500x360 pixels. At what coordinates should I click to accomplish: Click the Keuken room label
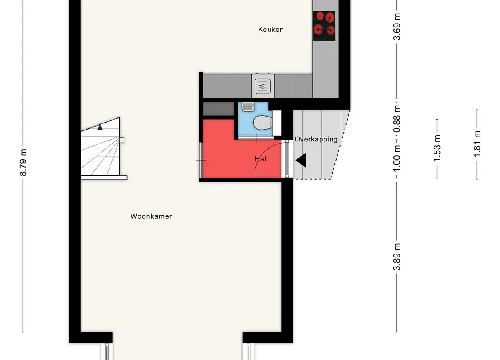tap(271, 30)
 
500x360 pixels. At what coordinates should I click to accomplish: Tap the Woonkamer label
tap(151, 216)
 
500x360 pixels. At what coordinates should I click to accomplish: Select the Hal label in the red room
tap(261, 159)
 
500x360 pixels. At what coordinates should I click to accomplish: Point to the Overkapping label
tap(316, 139)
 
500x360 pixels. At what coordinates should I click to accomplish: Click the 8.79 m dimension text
tap(23, 162)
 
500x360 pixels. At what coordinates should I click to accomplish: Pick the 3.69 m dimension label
tap(397, 27)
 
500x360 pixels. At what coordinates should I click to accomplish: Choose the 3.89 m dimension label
tap(397, 257)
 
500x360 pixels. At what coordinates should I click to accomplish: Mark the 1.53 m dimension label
tap(437, 148)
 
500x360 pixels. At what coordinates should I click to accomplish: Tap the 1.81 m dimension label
tap(477, 144)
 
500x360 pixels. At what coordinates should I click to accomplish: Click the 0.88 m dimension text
tap(397, 119)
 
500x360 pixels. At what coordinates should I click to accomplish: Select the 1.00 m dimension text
tap(397, 158)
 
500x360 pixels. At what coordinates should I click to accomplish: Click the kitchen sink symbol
tap(263, 86)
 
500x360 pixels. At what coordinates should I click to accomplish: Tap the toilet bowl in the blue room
tap(263, 123)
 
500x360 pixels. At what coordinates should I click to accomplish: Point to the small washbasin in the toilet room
tap(248, 106)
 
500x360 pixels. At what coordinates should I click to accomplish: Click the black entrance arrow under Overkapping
tap(301, 160)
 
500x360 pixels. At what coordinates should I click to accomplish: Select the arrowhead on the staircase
tap(100, 127)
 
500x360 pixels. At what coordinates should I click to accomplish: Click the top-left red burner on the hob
tap(320, 16)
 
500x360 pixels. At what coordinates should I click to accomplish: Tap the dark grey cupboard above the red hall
tap(219, 109)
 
